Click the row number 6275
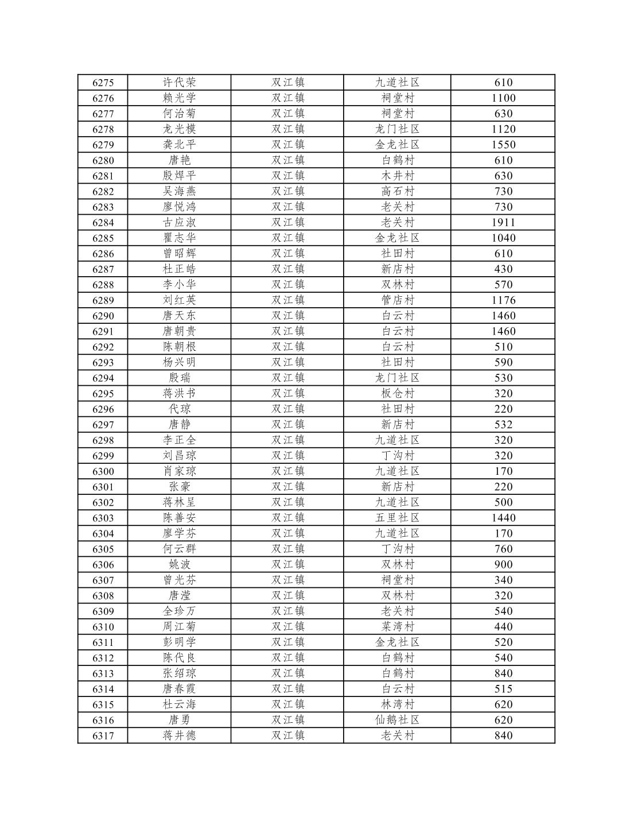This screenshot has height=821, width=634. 103,83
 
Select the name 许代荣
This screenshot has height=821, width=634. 180,83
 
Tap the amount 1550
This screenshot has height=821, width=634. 503,145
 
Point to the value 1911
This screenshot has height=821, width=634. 503,223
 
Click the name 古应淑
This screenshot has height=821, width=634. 180,223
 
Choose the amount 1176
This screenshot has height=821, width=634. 503,300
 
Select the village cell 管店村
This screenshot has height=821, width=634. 398,300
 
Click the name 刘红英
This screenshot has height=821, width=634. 180,300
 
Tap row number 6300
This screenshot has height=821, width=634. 103,471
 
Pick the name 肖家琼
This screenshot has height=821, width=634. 180,471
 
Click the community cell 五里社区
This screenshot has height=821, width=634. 398,518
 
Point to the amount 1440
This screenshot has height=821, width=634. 503,518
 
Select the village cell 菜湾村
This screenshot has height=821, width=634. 398,627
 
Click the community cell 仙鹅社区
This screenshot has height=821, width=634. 398,720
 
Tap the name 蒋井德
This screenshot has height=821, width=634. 180,735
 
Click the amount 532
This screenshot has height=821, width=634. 503,425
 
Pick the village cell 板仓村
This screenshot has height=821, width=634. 398,394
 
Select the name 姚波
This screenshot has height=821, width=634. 180,564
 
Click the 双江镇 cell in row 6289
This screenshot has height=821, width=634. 288,300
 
